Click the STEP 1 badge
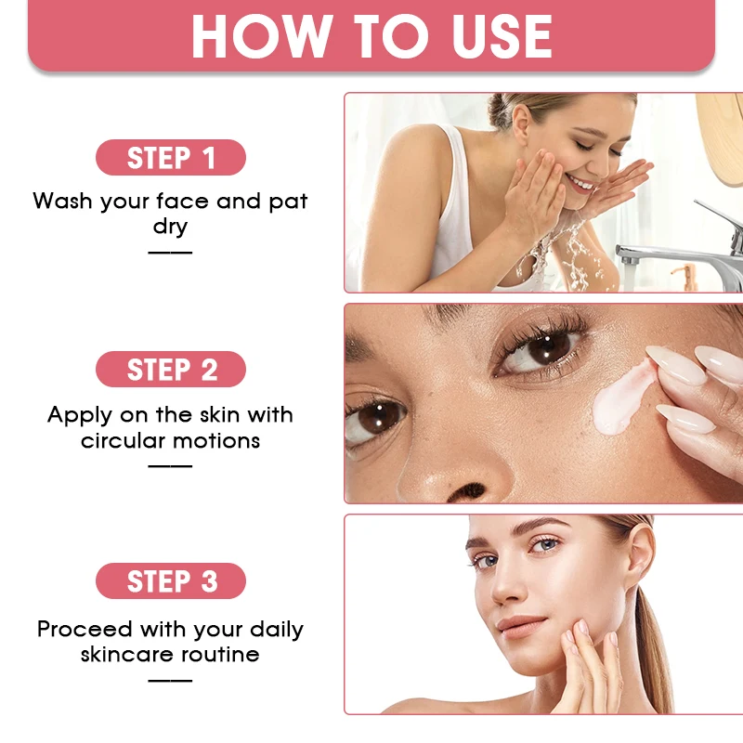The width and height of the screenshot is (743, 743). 170,158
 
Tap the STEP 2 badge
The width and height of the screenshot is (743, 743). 170,370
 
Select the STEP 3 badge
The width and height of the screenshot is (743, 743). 170,581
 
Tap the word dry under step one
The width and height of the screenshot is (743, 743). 170,227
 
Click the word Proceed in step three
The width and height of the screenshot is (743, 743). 86,630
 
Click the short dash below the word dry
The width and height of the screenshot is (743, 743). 170,252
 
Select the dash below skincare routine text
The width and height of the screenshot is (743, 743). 170,680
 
